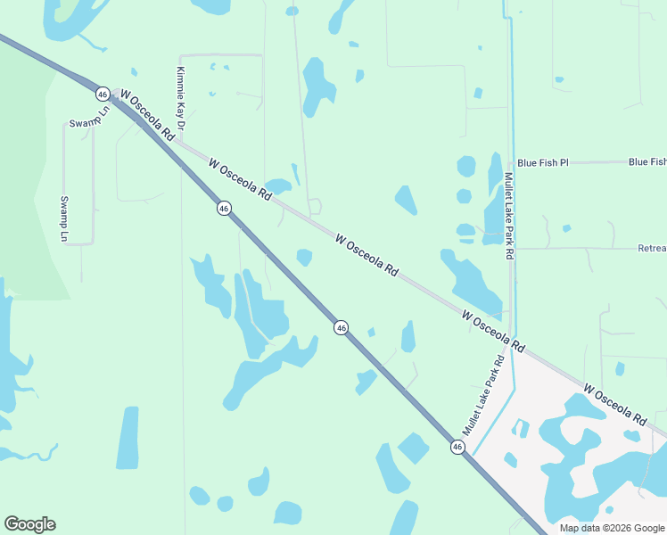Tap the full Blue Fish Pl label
point(542,163)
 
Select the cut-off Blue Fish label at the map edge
point(646,162)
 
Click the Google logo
point(29,524)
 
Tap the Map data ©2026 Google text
point(612,528)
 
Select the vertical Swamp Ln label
point(64,218)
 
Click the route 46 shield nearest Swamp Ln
point(103,94)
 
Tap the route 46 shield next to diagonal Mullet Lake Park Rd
point(457,447)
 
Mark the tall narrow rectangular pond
point(128,437)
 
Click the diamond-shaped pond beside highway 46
point(413,448)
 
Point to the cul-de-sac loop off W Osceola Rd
point(315,207)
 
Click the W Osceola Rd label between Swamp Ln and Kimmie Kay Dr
point(146,114)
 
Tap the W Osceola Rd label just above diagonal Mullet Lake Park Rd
point(493,330)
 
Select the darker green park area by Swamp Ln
point(27,178)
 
